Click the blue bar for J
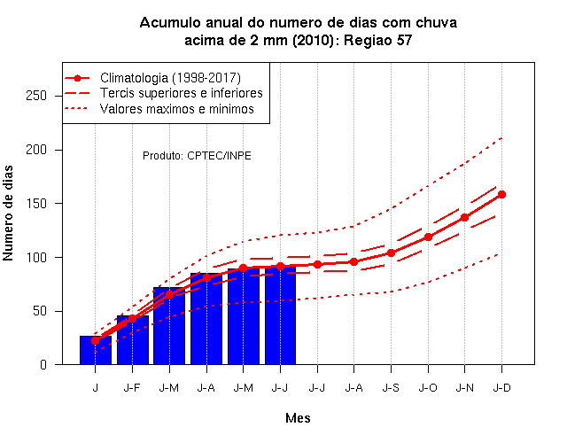pyautogui.click(x=96, y=350)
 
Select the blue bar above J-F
pyautogui.click(x=133, y=340)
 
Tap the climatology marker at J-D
pyautogui.click(x=501, y=195)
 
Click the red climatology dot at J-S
pyautogui.click(x=391, y=253)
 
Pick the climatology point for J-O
pyautogui.click(x=428, y=237)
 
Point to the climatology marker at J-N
pyautogui.click(x=464, y=217)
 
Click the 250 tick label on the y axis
pyautogui.click(x=36, y=96)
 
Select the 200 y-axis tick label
pyautogui.click(x=36, y=150)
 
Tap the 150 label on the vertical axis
pyautogui.click(x=36, y=204)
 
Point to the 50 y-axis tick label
pyautogui.click(x=40, y=311)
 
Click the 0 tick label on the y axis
pyautogui.click(x=43, y=364)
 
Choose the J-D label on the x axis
pyautogui.click(x=502, y=388)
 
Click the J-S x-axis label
pyautogui.click(x=391, y=388)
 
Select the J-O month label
pyautogui.click(x=428, y=388)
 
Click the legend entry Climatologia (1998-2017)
pyautogui.click(x=170, y=78)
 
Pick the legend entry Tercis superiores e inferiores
pyautogui.click(x=182, y=93)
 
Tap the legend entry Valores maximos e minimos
pyautogui.click(x=177, y=109)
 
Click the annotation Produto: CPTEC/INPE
pyautogui.click(x=197, y=156)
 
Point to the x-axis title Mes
pyautogui.click(x=298, y=418)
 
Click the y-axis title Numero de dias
pyautogui.click(x=8, y=213)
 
